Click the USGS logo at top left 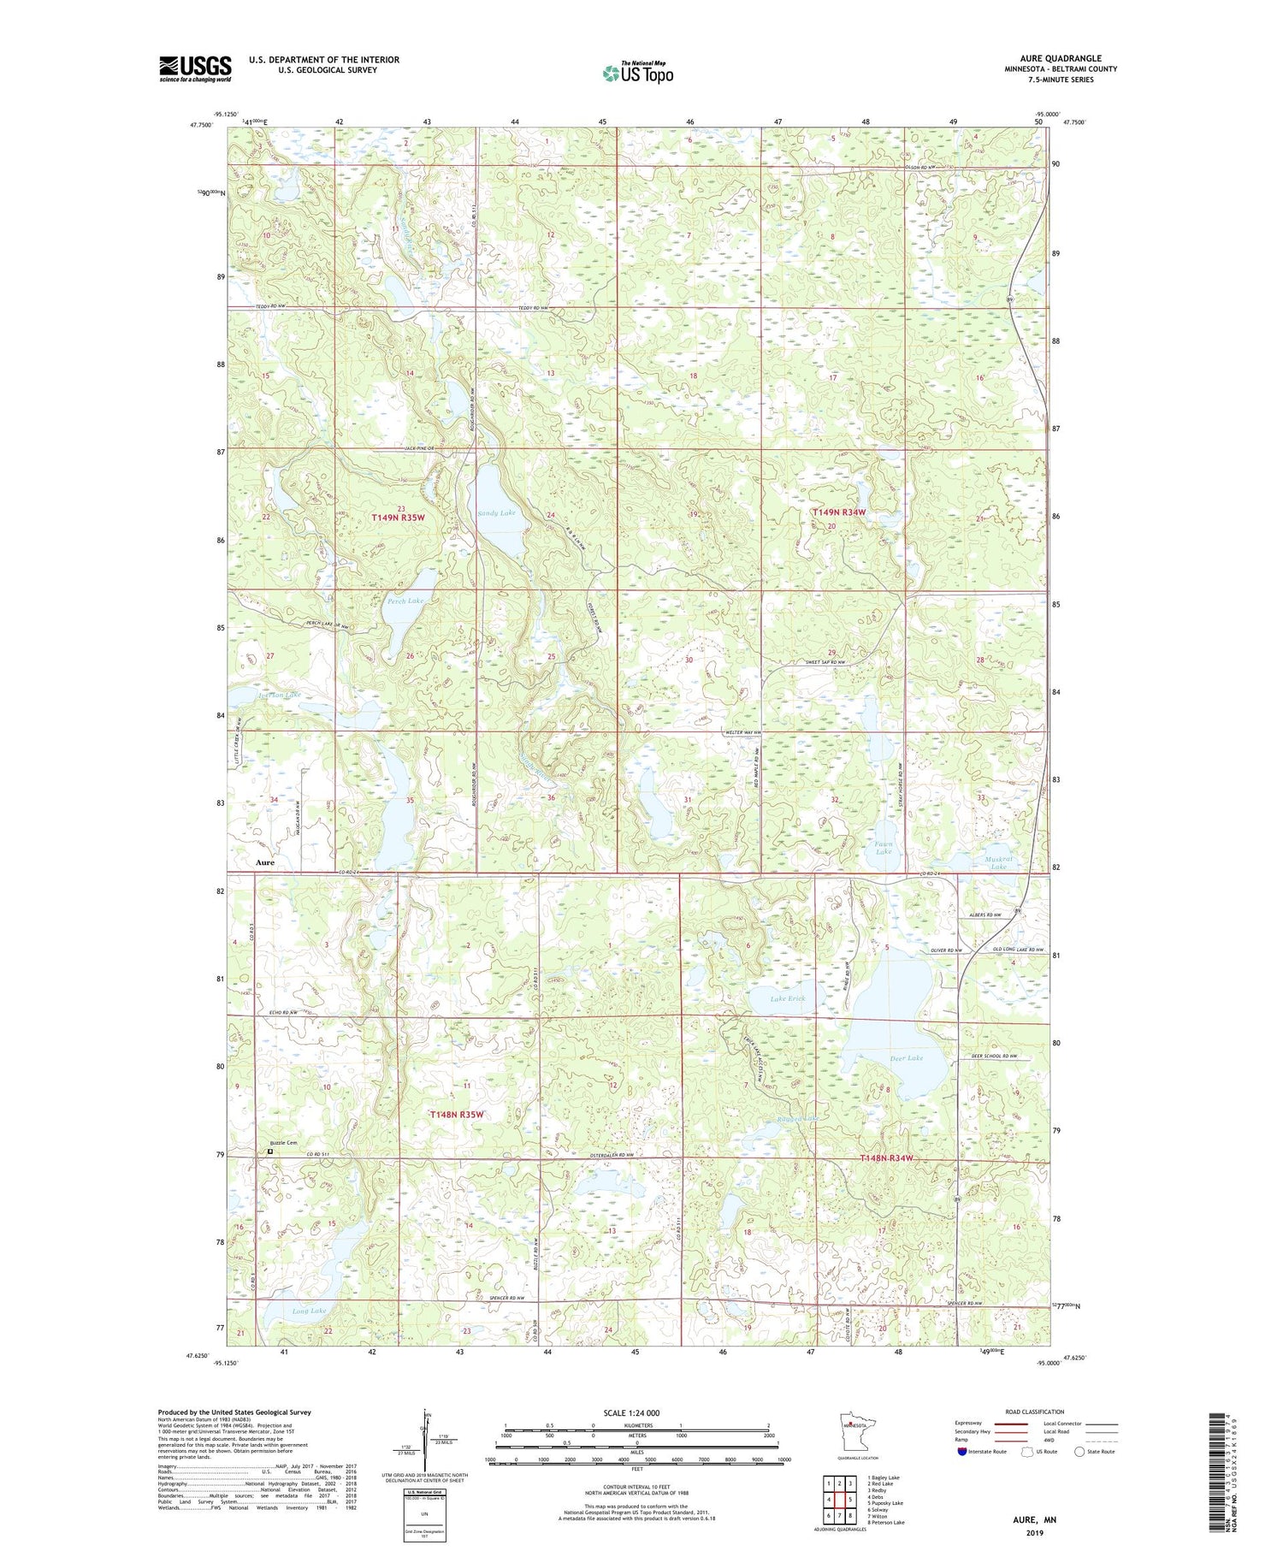tap(195, 68)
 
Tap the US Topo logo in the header tap(637, 74)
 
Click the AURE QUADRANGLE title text tap(1061, 59)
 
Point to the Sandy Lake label tap(496, 513)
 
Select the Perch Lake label tap(405, 601)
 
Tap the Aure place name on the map tap(265, 862)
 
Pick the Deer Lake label tap(906, 1058)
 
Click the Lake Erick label tap(788, 998)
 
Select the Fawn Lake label tap(884, 848)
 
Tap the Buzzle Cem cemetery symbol tap(270, 1151)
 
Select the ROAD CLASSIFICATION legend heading tap(1035, 1412)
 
